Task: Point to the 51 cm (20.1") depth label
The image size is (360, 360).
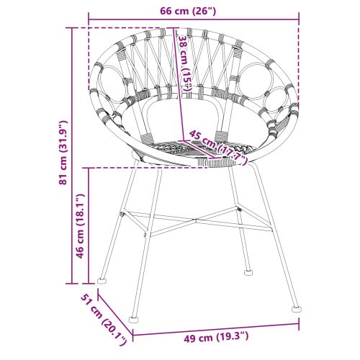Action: [102, 318]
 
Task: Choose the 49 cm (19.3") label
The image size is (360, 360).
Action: [214, 337]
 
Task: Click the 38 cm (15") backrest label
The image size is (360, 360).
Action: [185, 63]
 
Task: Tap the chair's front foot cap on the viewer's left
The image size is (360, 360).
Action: [133, 318]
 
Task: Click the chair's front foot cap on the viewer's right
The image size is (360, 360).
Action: [295, 306]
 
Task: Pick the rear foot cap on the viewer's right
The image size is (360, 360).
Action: [249, 272]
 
